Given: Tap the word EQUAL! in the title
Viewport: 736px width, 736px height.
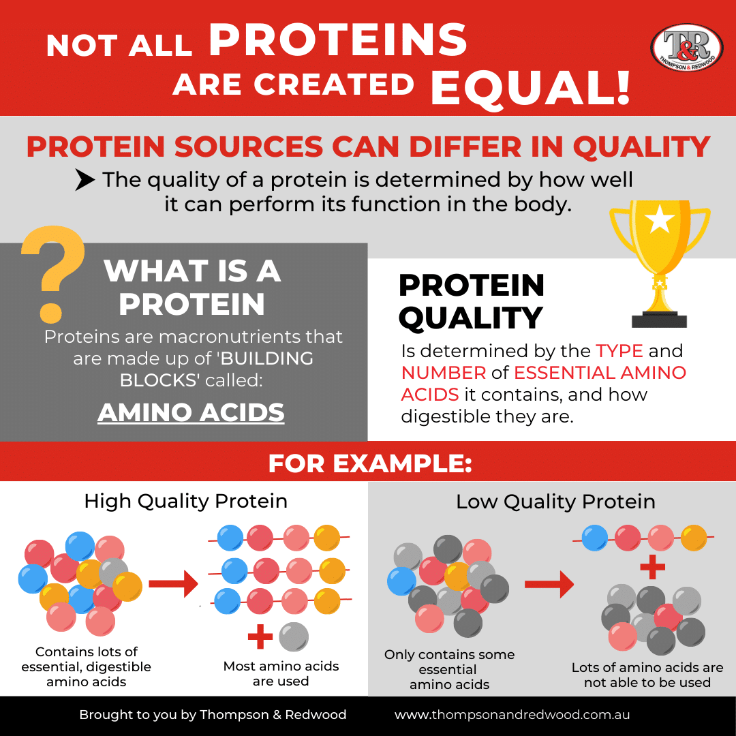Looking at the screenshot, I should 530,87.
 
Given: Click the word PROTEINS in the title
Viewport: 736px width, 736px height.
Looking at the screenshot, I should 338,41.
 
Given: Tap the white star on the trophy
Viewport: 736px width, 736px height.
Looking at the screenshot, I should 660,220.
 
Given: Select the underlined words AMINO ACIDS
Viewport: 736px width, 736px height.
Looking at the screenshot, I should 191,412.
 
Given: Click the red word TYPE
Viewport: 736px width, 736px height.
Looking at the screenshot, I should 619,352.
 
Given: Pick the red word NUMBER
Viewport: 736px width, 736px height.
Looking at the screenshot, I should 444,373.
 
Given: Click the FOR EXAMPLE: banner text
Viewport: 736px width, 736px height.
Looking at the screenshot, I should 369,464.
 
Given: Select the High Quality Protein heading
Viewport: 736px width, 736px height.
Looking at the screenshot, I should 185,502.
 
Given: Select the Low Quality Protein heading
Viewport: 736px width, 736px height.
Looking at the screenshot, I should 555,502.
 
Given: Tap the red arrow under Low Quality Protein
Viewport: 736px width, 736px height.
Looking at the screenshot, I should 549,583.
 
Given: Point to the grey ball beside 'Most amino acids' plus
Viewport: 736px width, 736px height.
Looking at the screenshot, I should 294,637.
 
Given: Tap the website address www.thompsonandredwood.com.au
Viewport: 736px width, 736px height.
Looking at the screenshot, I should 512,715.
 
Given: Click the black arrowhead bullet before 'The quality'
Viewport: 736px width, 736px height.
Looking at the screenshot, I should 85,180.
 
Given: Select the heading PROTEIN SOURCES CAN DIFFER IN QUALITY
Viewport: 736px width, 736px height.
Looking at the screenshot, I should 368,147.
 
